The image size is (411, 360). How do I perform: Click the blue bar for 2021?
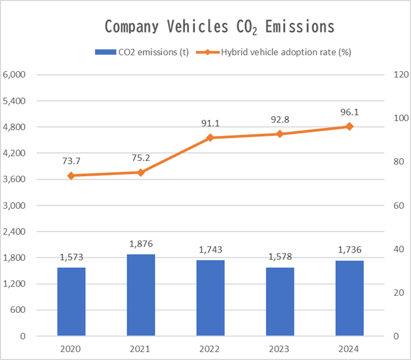(141, 295)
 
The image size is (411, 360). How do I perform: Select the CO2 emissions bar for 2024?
(350, 298)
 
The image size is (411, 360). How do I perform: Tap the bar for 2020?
(71, 301)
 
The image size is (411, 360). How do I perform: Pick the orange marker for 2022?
(210, 138)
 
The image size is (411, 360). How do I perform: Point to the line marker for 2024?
(350, 126)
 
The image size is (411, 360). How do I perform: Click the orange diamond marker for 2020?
(71, 176)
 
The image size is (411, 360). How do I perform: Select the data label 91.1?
(210, 122)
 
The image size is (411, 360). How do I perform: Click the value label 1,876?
(141, 244)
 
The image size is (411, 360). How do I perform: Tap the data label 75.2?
(141, 156)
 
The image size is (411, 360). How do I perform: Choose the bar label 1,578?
(280, 257)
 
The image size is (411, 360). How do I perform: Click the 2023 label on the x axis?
(280, 349)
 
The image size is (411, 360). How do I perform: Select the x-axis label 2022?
(210, 349)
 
